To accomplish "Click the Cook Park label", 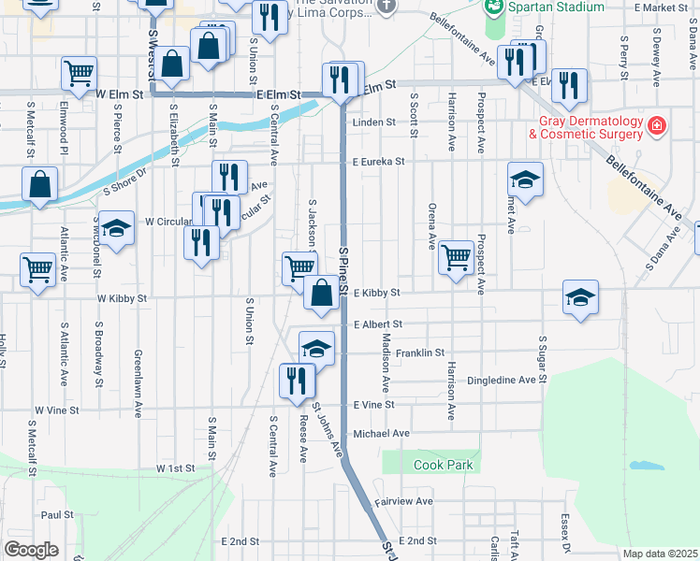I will (x=444, y=465).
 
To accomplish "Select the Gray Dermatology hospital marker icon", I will (x=657, y=125).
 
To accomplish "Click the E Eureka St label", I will (x=378, y=162).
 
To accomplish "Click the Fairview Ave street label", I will (x=404, y=501).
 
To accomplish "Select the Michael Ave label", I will (x=382, y=434).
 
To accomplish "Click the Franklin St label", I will (x=419, y=353).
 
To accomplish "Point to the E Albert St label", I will (x=378, y=324).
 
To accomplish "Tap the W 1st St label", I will (x=175, y=467).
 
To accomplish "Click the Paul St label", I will (x=57, y=514).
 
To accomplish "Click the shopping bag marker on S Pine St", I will (x=321, y=292).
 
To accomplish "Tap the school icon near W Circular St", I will (x=116, y=229).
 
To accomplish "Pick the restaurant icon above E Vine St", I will (x=298, y=381).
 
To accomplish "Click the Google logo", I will (x=31, y=550).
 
